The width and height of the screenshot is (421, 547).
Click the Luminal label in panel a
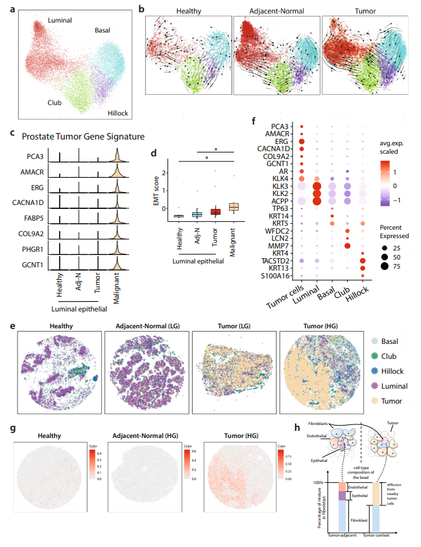coord(43,21)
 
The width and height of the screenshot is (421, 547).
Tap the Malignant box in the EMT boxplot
coord(234,206)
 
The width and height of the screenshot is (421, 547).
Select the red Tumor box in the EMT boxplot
coord(215,212)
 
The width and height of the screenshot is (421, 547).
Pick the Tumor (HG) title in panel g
coord(231,437)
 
